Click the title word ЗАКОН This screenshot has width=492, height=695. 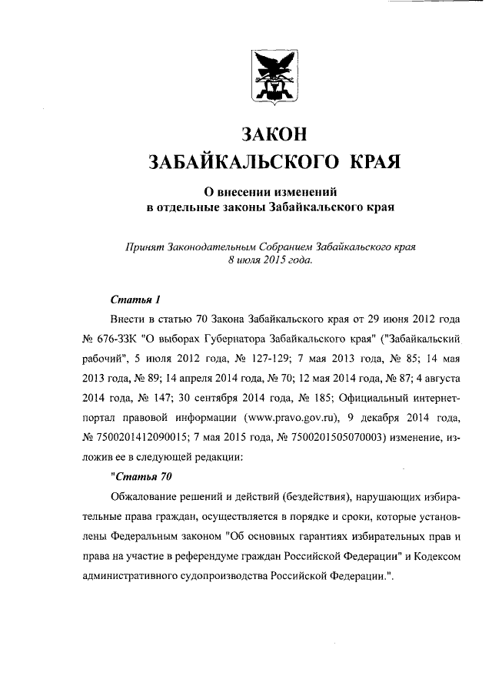coord(274,133)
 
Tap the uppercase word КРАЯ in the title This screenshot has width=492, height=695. coord(376,161)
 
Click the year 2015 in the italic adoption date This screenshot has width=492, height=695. coord(274,261)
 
